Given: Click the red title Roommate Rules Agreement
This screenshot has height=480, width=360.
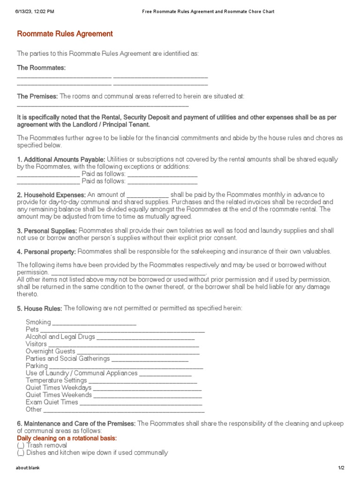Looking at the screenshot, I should coord(65,34).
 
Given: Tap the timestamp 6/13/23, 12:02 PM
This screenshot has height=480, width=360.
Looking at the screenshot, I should coord(34,11).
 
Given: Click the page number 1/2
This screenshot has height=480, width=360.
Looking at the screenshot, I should coord(341,468).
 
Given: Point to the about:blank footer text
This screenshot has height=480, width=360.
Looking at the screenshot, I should coord(25,468).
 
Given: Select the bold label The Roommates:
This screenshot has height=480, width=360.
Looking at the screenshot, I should coord(41,68).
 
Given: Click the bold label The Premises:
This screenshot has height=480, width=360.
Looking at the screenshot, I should coord(37,96).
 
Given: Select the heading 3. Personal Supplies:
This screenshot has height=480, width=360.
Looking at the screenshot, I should coord(47,231).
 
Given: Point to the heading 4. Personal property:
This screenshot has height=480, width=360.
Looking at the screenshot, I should coord(46,252).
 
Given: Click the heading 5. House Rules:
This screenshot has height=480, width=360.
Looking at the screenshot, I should coord(39,308).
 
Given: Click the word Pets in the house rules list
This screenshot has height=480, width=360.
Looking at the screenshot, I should coord(32,330).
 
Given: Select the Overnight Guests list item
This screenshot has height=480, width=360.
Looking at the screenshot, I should coord(50,351).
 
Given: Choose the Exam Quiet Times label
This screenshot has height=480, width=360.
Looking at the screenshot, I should coord(52,402).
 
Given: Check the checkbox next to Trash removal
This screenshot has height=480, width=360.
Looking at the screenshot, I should coord(21,445).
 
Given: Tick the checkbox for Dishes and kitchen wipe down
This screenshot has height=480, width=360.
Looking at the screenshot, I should coord(21,453).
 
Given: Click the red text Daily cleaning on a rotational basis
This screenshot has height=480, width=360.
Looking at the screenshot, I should coord(67,438).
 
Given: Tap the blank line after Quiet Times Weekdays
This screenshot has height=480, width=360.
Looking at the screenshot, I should coord(147,389).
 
